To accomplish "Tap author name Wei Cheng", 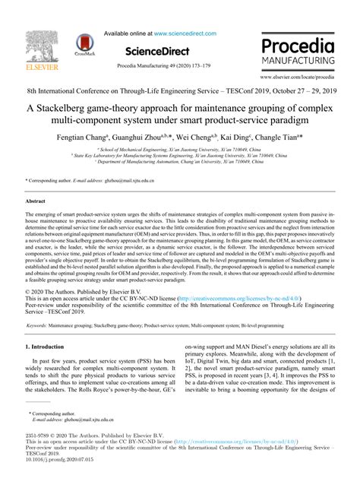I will (x=194, y=140).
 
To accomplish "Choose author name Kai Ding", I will (x=236, y=140).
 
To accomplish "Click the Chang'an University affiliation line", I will (x=179, y=163).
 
